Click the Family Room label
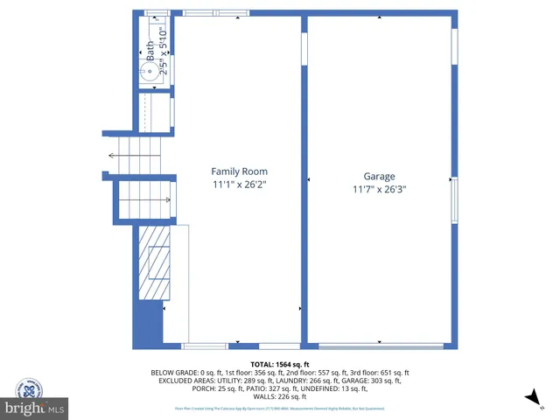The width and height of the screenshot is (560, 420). tap(239, 171)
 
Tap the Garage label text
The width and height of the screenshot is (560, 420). tap(380, 175)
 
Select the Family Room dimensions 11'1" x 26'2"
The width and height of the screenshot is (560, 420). tap(239, 185)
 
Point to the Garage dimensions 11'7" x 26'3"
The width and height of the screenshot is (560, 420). tap(380, 189)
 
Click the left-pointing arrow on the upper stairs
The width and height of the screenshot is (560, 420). tap(113, 156)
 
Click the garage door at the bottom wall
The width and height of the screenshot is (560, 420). tap(380, 346)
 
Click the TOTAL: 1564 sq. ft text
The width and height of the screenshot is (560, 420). tap(280, 364)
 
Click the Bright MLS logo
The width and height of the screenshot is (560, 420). tap(35, 407)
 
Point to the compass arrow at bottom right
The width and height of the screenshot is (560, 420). tap(530, 399)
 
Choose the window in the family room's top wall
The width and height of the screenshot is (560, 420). tap(217, 14)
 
